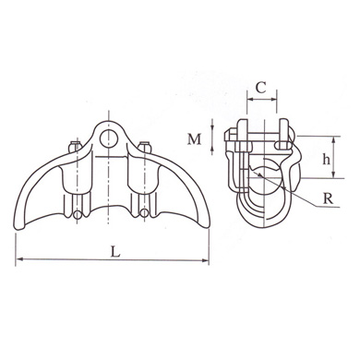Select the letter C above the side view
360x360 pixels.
(x=261, y=90)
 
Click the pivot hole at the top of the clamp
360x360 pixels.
(x=109, y=138)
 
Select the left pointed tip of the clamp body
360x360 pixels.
(x=18, y=213)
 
